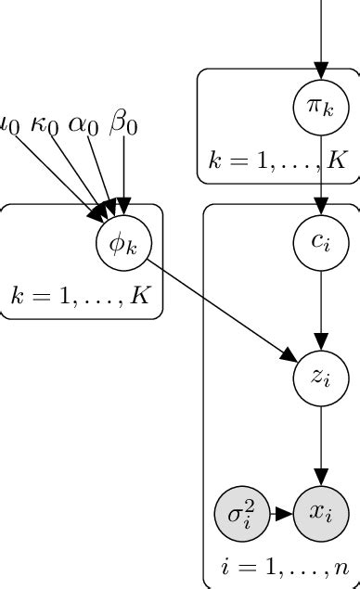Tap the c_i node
point(320,242)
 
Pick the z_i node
point(320,378)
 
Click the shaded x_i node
point(320,512)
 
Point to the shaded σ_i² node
point(241,512)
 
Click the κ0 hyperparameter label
point(45,123)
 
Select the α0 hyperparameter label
point(83,123)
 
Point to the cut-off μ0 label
point(9,123)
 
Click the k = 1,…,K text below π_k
point(277,160)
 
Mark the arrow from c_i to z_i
point(320,310)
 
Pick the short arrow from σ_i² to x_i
point(280,512)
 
